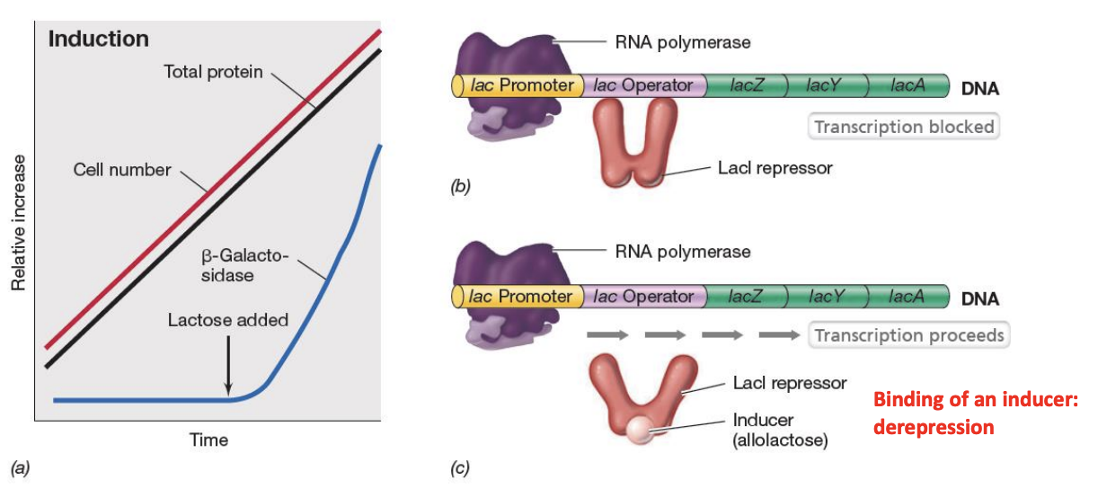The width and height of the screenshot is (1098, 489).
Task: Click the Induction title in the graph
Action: (98, 40)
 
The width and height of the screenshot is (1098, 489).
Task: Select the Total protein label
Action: (213, 71)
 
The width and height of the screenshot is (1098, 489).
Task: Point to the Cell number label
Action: (121, 169)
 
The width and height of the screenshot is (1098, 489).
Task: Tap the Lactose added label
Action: (228, 320)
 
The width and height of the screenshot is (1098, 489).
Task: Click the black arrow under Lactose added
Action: (228, 365)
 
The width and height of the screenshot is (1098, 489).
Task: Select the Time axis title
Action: (208, 440)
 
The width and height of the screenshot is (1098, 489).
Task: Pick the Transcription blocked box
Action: (903, 127)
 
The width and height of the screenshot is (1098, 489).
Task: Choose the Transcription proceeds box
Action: (908, 335)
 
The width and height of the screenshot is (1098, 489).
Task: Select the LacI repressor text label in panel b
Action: (775, 167)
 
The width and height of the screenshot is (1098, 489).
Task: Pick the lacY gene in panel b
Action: (825, 85)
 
